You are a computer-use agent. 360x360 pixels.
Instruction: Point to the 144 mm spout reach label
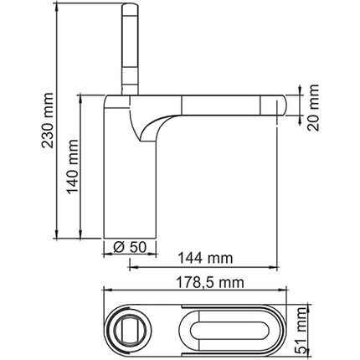click(x=203, y=259)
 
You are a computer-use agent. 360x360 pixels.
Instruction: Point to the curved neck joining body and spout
click(x=151, y=126)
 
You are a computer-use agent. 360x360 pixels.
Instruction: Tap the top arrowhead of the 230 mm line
click(x=54, y=7)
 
